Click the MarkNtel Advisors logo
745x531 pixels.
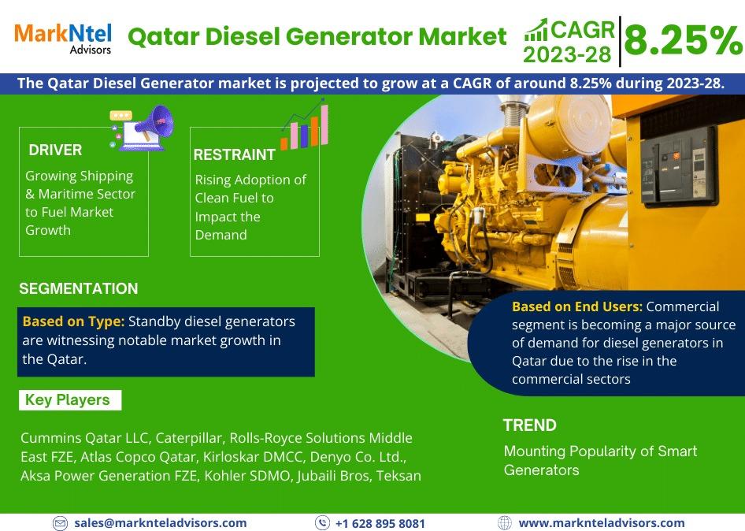pos(63,38)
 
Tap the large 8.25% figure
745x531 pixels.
pos(684,40)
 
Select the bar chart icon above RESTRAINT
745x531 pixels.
pos(305,125)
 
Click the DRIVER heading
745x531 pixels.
pos(55,150)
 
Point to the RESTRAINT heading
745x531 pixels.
pos(234,154)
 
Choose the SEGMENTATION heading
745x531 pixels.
pos(79,288)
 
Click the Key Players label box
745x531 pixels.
pos(70,400)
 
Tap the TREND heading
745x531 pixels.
pos(530,425)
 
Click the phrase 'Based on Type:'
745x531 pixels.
pos(74,321)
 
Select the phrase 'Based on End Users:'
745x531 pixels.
pos(577,306)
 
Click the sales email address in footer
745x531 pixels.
pos(161,523)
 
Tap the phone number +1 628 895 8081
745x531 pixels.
pos(380,523)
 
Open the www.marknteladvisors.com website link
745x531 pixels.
pos(602,523)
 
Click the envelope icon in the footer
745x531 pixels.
pos(60,523)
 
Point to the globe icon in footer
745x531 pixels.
pos(504,523)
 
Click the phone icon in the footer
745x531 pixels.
pos(323,523)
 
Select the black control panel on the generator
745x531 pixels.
pos(679,165)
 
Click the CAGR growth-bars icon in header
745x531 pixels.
pos(536,31)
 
